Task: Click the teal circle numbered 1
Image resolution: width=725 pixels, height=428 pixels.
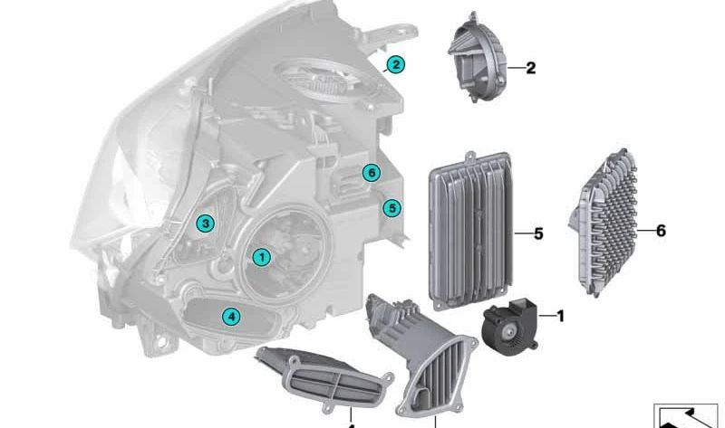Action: (x=262, y=257)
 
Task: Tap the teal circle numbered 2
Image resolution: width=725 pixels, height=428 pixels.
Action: (x=396, y=64)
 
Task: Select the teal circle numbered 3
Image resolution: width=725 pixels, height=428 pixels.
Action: (x=206, y=224)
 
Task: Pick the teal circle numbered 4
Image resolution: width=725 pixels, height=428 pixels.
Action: (x=231, y=317)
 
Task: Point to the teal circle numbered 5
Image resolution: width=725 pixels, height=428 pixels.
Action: (x=392, y=208)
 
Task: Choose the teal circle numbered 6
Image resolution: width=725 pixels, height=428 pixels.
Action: (x=371, y=173)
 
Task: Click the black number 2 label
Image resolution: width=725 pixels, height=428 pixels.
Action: (x=531, y=69)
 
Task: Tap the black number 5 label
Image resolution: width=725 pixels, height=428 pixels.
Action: (x=538, y=234)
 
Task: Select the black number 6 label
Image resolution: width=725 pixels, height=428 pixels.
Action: (x=662, y=231)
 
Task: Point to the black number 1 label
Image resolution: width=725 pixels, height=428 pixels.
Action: (x=561, y=317)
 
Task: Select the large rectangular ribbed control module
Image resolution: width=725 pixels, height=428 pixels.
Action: (x=471, y=231)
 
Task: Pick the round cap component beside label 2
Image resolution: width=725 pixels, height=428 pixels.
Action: (x=478, y=58)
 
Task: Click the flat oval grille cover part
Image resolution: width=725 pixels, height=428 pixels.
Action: (x=324, y=378)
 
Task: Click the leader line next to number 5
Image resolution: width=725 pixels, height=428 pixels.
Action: (x=524, y=233)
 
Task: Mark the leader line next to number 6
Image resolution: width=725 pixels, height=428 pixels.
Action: (x=646, y=230)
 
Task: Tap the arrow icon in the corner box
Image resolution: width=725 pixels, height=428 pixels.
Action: (x=687, y=418)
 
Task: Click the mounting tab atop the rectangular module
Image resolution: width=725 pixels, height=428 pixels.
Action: (x=470, y=157)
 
